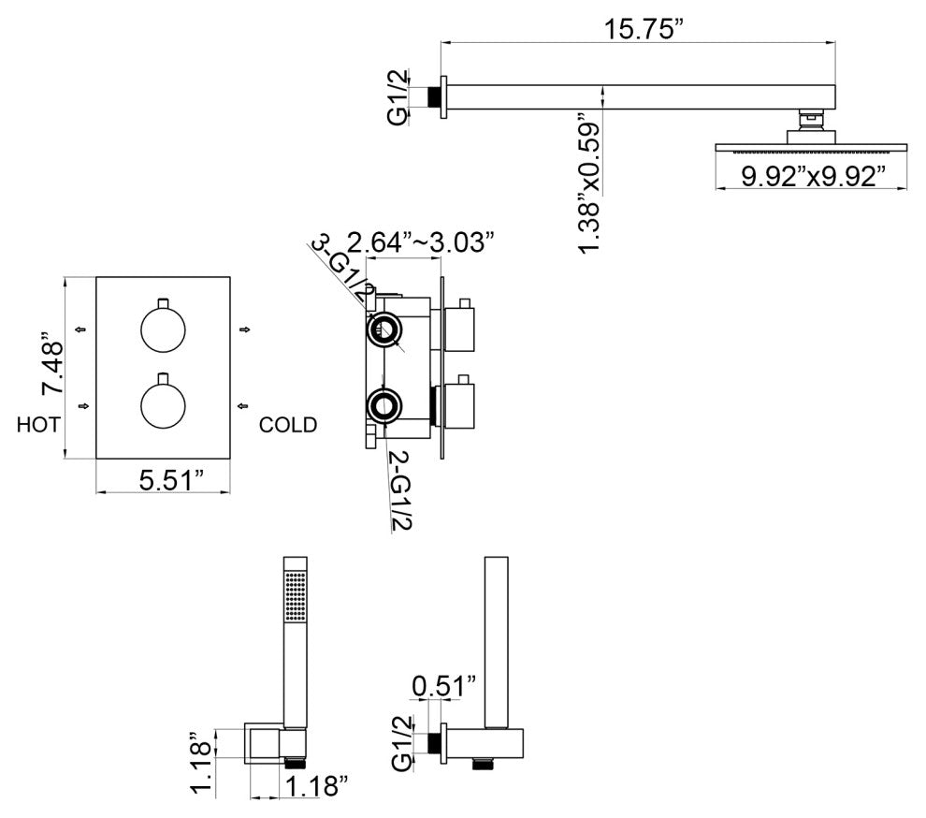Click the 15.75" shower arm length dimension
pyautogui.click(x=639, y=29)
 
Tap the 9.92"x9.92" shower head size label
pyautogui.click(x=813, y=176)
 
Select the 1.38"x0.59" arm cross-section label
pyautogui.click(x=589, y=183)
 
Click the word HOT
pyautogui.click(x=38, y=424)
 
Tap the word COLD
pyautogui.click(x=288, y=424)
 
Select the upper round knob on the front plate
pyautogui.click(x=163, y=329)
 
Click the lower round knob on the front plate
pyautogui.click(x=163, y=406)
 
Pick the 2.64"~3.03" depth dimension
pyautogui.click(x=420, y=242)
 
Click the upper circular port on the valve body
pyautogui.click(x=383, y=329)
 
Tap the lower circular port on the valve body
pyautogui.click(x=383, y=406)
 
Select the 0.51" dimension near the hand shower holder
pyautogui.click(x=444, y=687)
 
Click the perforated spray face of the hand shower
pyautogui.click(x=296, y=596)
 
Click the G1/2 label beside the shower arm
pyautogui.click(x=398, y=97)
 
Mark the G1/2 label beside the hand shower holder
pyautogui.click(x=402, y=743)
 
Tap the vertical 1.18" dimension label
pyautogui.click(x=201, y=763)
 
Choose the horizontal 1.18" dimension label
pyautogui.click(x=316, y=787)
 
